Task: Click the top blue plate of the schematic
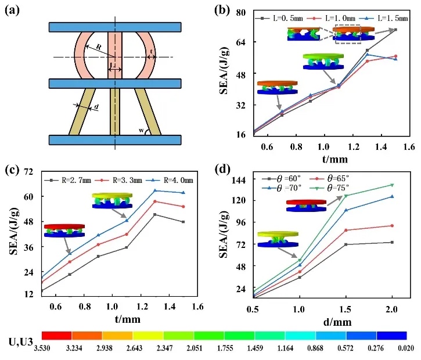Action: pos(116,27)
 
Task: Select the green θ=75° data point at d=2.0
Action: pos(392,185)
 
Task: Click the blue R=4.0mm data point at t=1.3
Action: pos(155,190)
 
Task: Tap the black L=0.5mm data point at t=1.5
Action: pos(395,30)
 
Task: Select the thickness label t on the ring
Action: pos(152,51)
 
